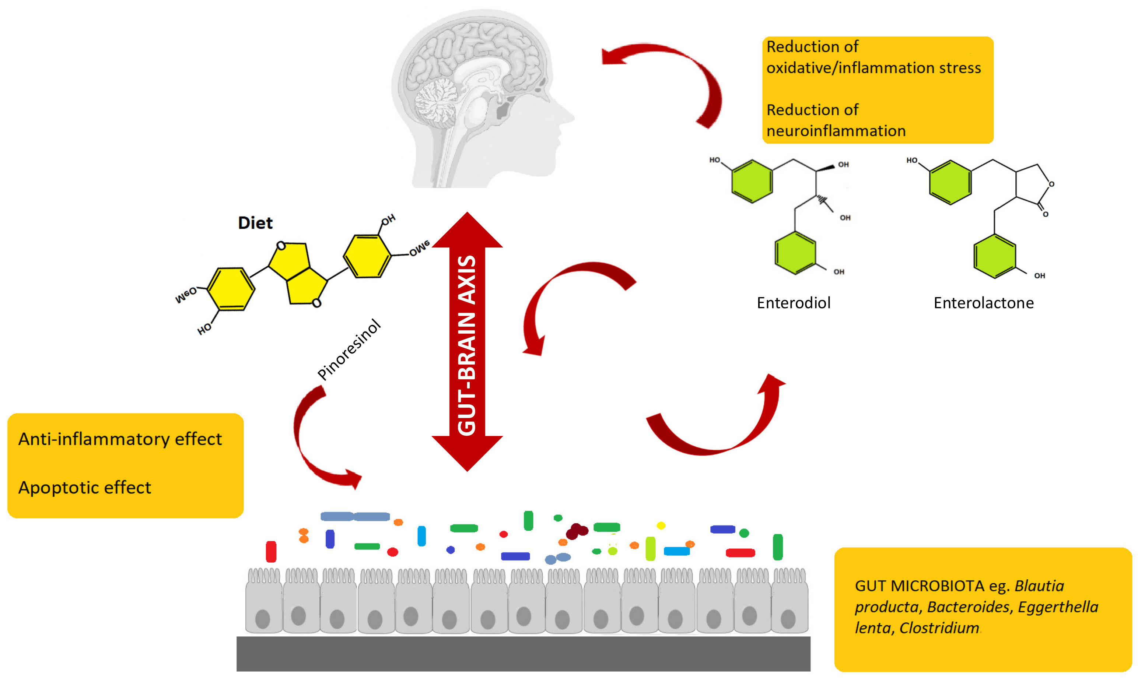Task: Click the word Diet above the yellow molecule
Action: click(255, 223)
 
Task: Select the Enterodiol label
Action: click(794, 303)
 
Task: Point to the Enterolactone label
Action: click(984, 303)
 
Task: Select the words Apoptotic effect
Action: click(85, 488)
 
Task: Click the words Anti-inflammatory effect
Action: click(120, 439)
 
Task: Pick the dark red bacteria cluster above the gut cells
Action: click(577, 531)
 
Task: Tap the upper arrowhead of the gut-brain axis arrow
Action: click(467, 230)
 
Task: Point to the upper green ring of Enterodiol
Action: click(752, 182)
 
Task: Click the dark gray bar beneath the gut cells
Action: click(524, 654)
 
